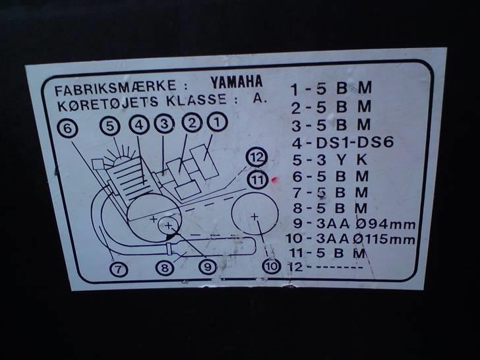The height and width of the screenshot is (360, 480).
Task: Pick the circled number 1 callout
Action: [x=217, y=122]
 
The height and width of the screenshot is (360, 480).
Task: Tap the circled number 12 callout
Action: [x=257, y=158]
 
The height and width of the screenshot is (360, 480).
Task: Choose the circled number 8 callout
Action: [x=165, y=268]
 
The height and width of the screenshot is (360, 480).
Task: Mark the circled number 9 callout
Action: [x=208, y=267]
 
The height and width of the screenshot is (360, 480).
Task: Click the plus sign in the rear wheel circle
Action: [x=255, y=216]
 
